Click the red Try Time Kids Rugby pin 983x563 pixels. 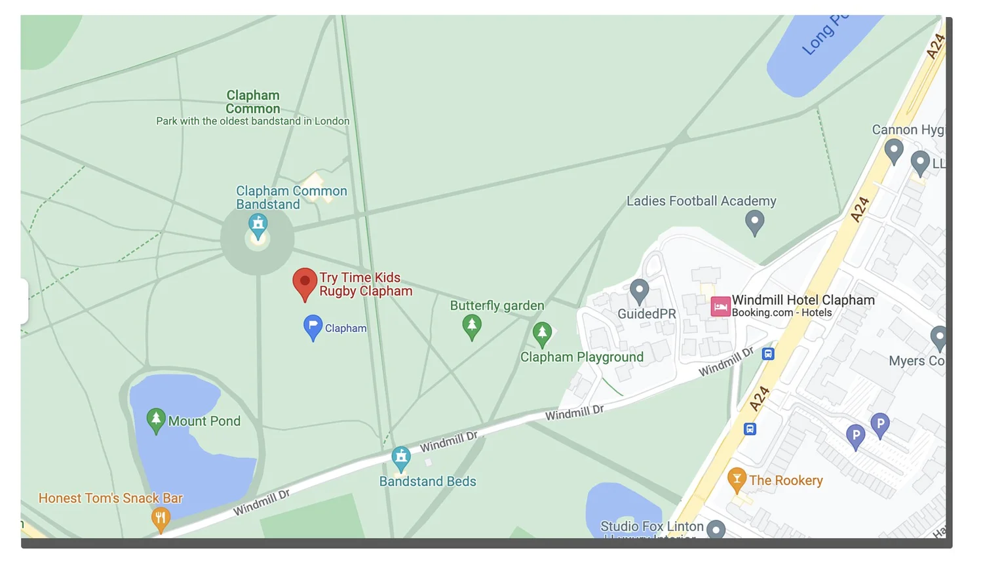coord(305,282)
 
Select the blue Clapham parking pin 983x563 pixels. coord(313,326)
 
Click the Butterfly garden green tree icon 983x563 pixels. coord(472,326)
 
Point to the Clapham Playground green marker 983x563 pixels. coord(542,334)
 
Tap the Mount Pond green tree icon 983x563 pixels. coord(156,419)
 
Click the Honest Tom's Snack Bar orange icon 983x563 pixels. coord(161,519)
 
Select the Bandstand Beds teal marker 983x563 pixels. coord(401,457)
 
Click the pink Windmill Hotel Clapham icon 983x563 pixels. coord(720,306)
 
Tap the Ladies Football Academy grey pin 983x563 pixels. coord(755,222)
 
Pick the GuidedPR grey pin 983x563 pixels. coord(639,290)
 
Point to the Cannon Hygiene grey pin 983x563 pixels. coord(894,151)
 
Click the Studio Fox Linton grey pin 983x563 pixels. coord(716,529)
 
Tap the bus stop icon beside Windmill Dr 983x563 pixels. coord(768,354)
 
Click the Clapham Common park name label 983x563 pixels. coord(253,102)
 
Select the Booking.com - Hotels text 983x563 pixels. coord(782,313)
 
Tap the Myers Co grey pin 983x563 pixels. coord(939,338)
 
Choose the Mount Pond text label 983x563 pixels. coord(204,421)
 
